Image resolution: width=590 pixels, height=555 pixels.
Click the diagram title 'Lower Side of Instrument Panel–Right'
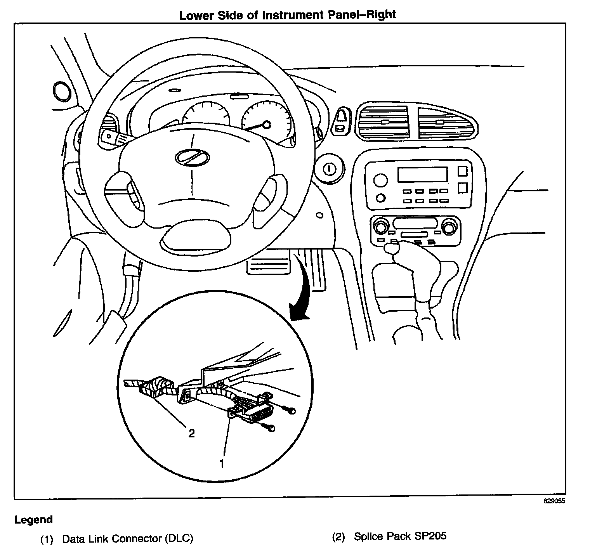click(x=287, y=15)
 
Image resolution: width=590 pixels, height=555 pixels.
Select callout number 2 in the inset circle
click(x=191, y=433)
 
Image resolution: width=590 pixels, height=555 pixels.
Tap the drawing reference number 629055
click(x=554, y=501)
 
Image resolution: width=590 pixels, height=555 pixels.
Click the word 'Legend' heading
click(x=33, y=519)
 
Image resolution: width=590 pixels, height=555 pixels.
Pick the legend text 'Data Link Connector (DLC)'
click(x=128, y=538)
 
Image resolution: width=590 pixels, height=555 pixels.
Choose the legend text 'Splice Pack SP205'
click(x=400, y=536)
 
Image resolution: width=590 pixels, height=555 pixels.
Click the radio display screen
click(x=422, y=175)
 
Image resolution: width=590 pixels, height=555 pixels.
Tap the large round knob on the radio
click(x=380, y=180)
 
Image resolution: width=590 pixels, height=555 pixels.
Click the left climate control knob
click(x=380, y=226)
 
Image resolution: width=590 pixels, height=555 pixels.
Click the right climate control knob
click(x=449, y=226)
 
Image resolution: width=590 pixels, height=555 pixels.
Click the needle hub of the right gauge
click(x=266, y=125)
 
